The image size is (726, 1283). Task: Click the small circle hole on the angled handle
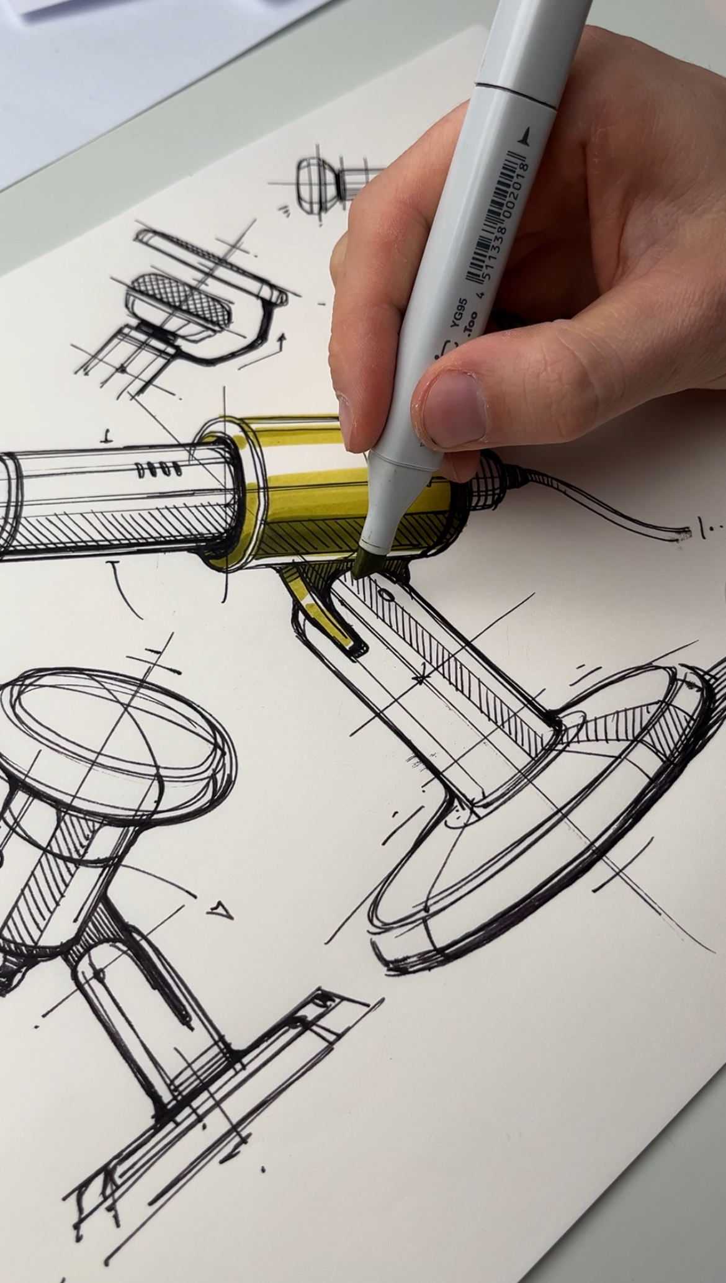[x=388, y=595]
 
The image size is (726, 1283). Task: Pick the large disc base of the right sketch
[x=546, y=838]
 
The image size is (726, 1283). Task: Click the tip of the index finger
[x=351, y=428]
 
